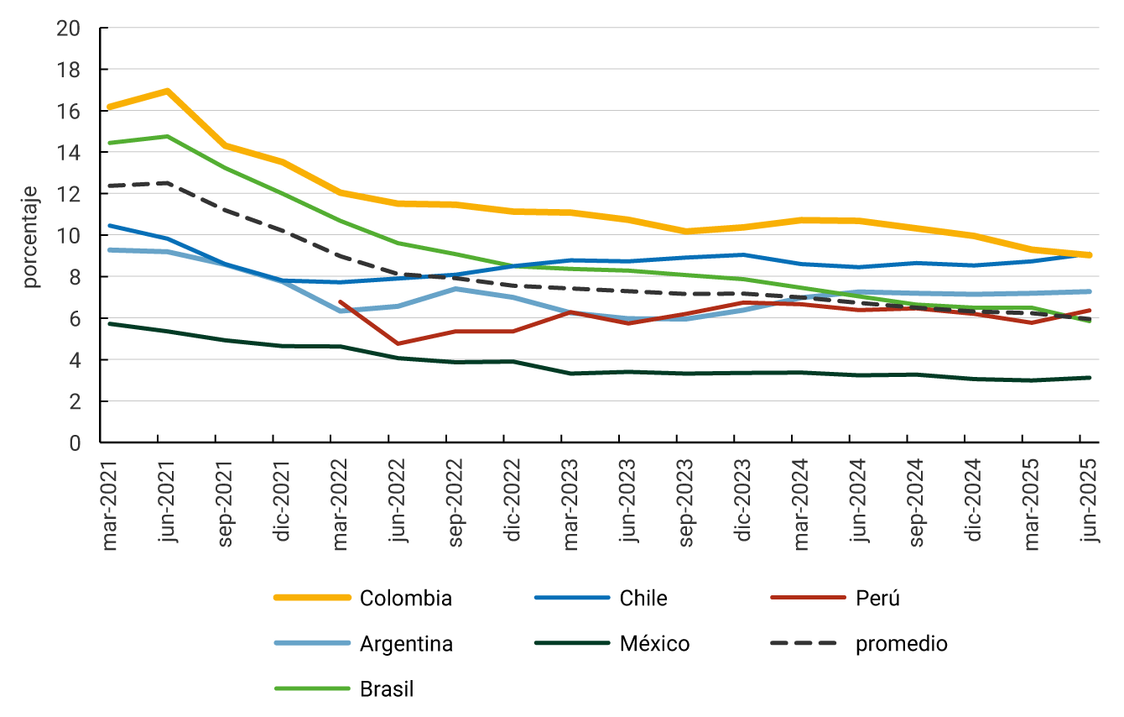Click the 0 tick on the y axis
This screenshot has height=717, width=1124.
[75, 442]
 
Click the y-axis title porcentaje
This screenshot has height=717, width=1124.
[31, 237]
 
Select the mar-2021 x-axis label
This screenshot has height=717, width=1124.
[110, 500]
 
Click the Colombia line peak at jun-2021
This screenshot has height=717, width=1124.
[167, 91]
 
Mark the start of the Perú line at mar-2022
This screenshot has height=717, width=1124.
[340, 301]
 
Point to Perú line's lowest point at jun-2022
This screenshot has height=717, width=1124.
[398, 343]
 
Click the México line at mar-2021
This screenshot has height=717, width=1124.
[110, 323]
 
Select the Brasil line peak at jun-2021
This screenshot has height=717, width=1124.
[167, 136]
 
